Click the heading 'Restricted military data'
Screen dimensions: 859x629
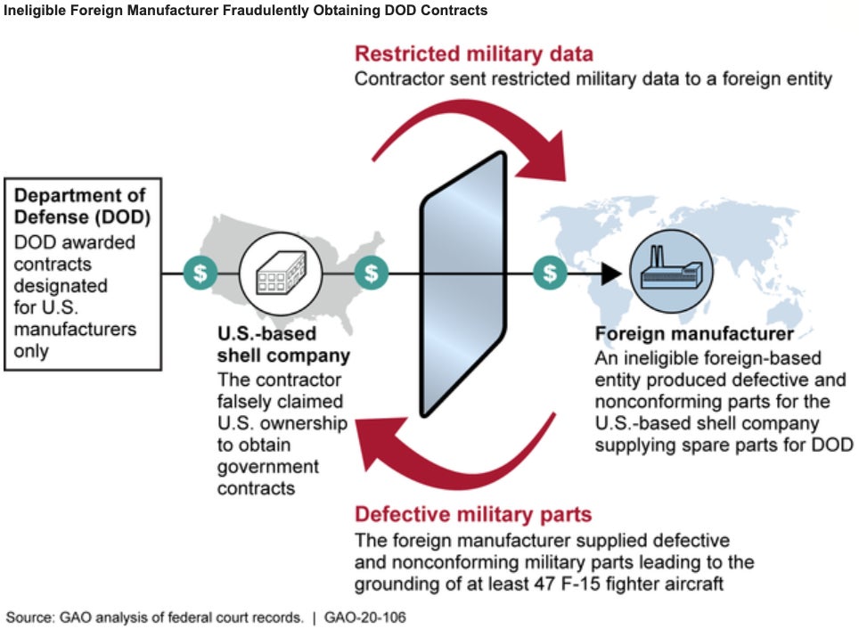click(x=474, y=53)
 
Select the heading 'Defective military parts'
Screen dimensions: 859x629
click(x=473, y=514)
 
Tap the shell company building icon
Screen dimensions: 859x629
click(x=281, y=274)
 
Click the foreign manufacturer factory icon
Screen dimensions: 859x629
click(x=672, y=271)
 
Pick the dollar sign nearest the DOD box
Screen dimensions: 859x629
click(x=200, y=273)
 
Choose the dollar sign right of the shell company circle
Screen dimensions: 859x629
click(x=372, y=273)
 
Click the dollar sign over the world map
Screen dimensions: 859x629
click(x=550, y=273)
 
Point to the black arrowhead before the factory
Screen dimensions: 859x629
click(x=610, y=274)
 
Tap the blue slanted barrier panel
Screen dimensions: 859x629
click(x=463, y=285)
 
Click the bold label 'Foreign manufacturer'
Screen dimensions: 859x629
click(x=694, y=334)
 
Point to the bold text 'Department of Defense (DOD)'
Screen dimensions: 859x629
click(x=82, y=206)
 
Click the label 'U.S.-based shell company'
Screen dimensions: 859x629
click(x=283, y=345)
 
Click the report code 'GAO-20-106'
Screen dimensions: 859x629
click(x=364, y=617)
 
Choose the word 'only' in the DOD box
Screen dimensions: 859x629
click(x=31, y=351)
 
